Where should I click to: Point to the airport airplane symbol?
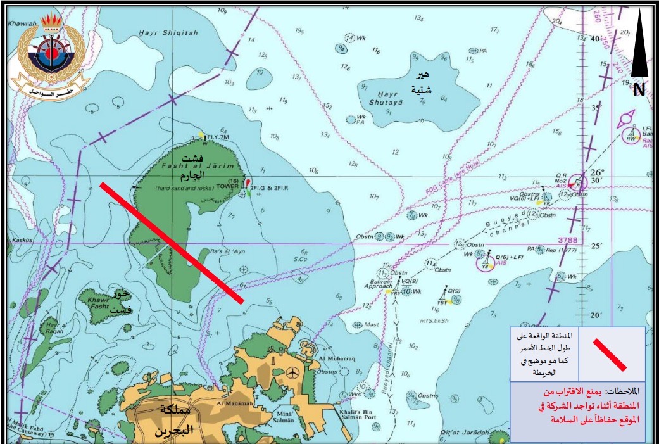292,371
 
